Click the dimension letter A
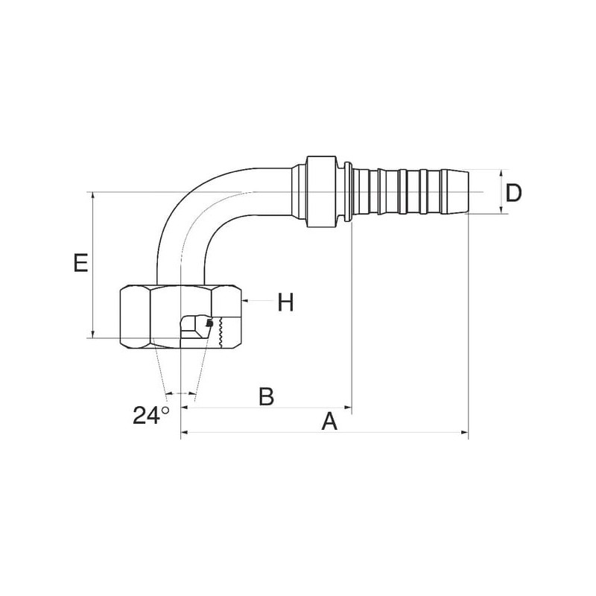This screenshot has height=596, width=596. [329, 422]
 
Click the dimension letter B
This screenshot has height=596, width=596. [266, 396]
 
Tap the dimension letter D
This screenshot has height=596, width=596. [513, 193]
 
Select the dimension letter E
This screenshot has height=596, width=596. [80, 263]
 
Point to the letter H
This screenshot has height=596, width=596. [285, 302]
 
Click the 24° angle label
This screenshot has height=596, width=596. [150, 415]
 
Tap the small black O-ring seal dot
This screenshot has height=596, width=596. [209, 323]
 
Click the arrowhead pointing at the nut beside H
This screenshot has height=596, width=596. [244, 301]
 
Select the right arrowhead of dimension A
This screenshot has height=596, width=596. [464, 432]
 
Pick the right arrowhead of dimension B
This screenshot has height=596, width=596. [348, 408]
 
